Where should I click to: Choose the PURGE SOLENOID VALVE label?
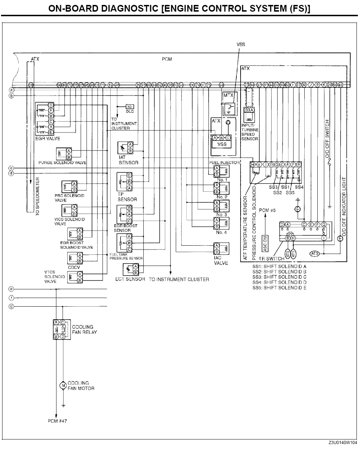coord(62,162)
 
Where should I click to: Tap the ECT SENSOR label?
coord(130,279)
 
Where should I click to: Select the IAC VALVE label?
coord(221,260)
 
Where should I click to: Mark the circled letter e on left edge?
coord(12,289)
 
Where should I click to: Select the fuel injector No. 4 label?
coord(221,232)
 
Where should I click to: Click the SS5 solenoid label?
coord(290,192)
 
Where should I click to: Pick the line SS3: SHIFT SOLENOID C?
coord(279,277)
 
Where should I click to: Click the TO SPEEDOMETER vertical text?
coord(38,197)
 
